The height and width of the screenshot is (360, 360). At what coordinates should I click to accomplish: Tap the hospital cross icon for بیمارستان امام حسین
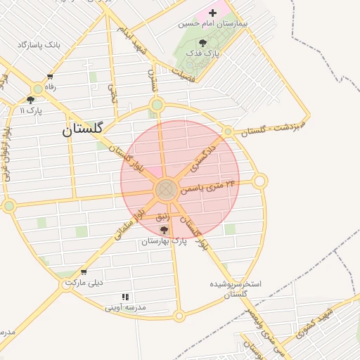point(212,13)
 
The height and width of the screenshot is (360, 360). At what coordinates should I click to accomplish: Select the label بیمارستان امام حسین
point(214,23)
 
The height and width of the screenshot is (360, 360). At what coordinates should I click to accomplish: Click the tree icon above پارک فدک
point(202,43)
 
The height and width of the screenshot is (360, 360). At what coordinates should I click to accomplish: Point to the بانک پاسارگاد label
point(41,45)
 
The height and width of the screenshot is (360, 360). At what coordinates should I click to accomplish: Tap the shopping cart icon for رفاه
point(50,77)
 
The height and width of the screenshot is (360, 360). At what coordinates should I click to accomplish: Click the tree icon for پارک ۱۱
point(30,100)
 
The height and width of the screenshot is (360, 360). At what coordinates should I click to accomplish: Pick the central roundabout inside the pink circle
point(167,189)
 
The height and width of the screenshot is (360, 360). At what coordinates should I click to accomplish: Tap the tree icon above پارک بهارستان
point(164,230)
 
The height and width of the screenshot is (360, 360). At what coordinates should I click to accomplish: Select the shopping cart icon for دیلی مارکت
point(84,273)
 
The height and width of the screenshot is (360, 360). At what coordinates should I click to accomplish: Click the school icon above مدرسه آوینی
point(125,297)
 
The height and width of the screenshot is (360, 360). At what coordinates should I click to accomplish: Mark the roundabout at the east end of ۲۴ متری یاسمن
point(259,181)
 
